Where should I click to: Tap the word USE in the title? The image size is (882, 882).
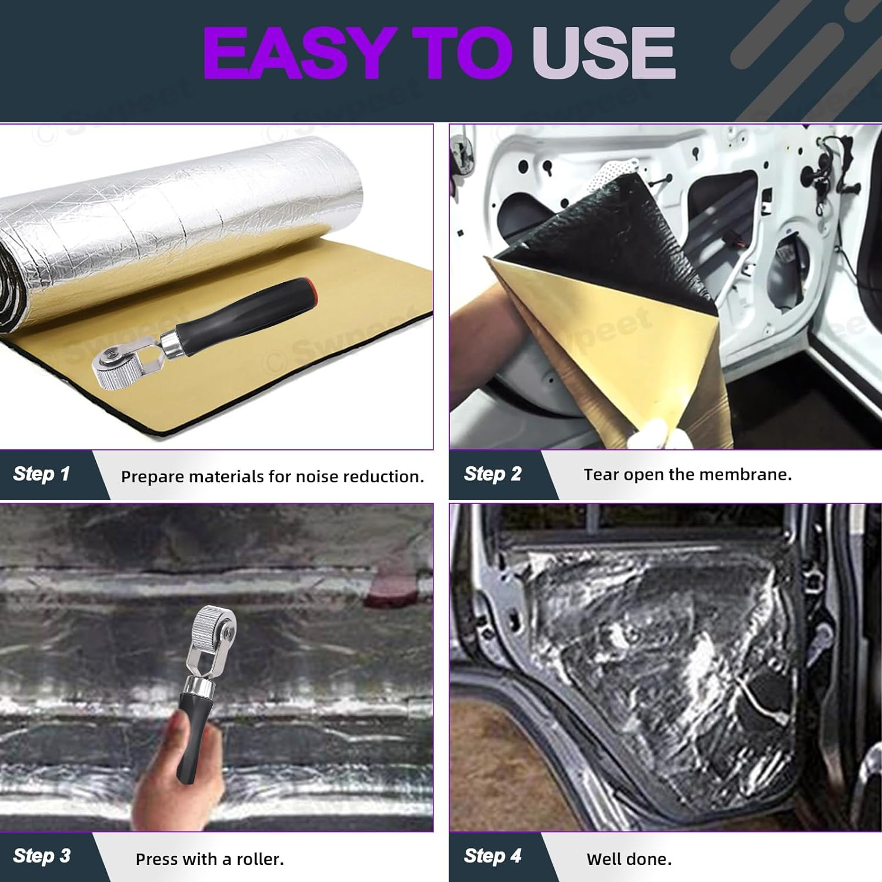pyautogui.click(x=604, y=53)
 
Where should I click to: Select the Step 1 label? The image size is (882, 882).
pyautogui.click(x=42, y=474)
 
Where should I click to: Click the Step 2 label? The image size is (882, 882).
pyautogui.click(x=493, y=474)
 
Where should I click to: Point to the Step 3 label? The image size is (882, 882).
pyautogui.click(x=42, y=856)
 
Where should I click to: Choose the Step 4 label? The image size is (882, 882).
pyautogui.click(x=493, y=856)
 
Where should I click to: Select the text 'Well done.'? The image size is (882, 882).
pyautogui.click(x=629, y=859)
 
